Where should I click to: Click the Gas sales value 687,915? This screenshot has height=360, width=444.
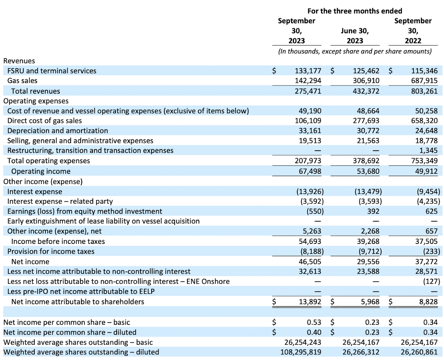(x=424, y=81)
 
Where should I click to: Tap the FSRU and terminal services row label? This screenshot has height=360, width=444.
(x=52, y=71)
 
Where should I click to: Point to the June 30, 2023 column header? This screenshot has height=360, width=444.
(x=355, y=36)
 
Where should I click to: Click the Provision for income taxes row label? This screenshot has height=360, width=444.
(x=51, y=251)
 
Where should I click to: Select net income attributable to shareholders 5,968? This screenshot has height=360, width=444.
(x=370, y=302)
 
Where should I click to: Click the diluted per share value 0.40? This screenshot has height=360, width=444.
(x=314, y=332)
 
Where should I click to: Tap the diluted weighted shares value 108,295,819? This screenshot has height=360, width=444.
(x=301, y=352)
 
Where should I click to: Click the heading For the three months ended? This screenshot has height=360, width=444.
(x=355, y=11)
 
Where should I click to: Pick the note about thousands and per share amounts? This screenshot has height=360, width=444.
(x=355, y=51)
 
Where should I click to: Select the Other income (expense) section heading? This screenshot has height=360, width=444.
(x=43, y=182)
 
